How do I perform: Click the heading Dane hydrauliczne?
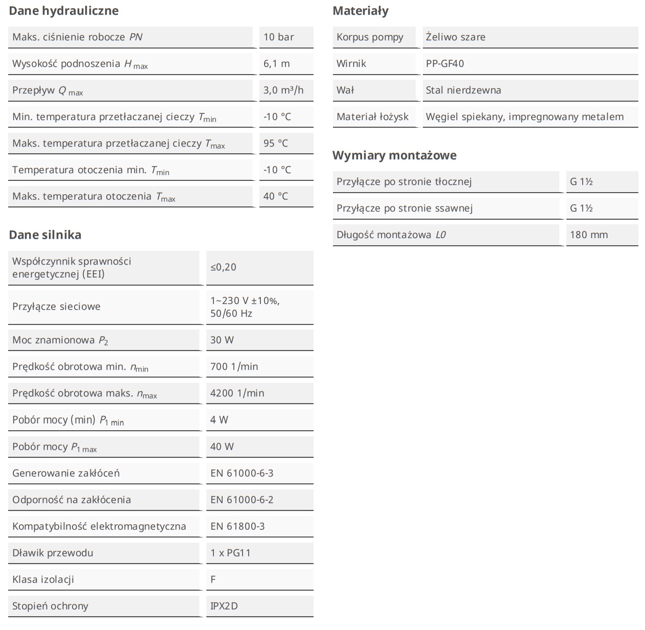pos(63,11)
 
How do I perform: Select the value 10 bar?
pos(278,37)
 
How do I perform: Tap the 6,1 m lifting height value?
pos(276,63)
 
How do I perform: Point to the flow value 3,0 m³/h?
pos(283,90)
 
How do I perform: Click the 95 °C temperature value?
pos(276,143)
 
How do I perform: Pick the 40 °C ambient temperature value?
pos(276,196)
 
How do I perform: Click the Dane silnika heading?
pos(45,235)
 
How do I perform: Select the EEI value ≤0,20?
pos(223,267)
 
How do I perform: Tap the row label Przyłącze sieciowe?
pos(56,307)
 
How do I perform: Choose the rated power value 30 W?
pos(222,340)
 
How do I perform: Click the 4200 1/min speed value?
pos(237,393)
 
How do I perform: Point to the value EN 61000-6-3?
pos(242,473)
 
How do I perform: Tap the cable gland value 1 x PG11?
pos(230,553)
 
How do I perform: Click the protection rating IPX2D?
pos(224,606)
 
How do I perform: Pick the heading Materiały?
pos(360,11)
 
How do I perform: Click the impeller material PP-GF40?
pos(445,63)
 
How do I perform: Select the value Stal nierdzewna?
pos(463,90)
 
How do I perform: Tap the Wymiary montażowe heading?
pos(394,155)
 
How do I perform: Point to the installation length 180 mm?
pos(589,235)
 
